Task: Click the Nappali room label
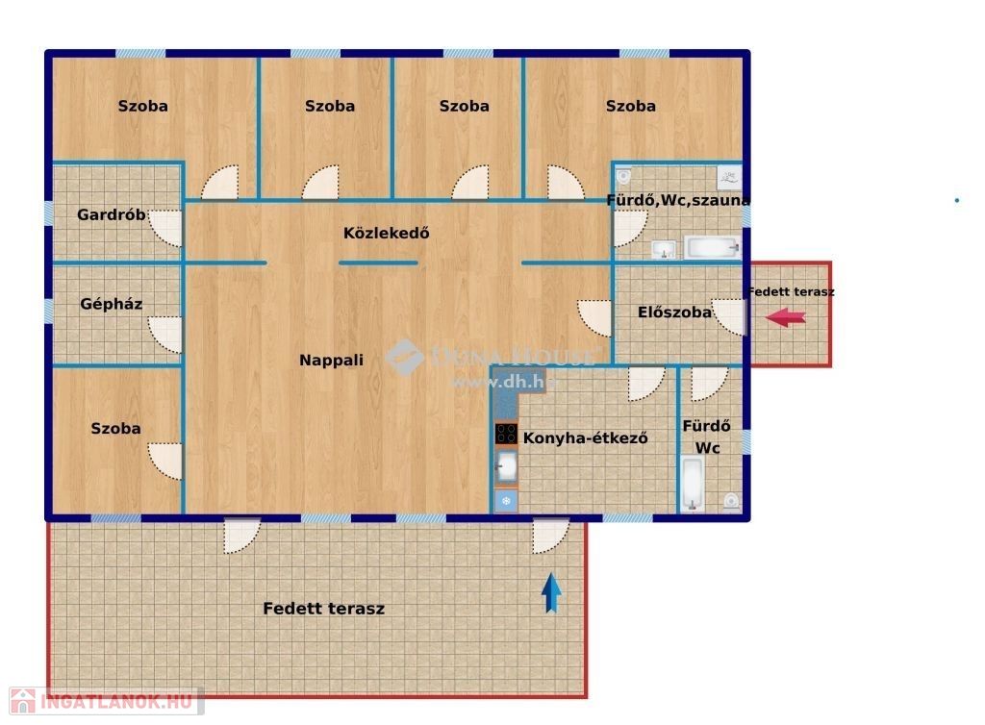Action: [x=331, y=361]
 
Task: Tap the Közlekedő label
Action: [x=387, y=233]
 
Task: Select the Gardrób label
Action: [x=112, y=214]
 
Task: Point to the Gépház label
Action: [x=112, y=305]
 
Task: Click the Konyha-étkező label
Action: [x=586, y=437]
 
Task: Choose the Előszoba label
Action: [x=674, y=312]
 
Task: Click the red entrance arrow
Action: [x=785, y=317]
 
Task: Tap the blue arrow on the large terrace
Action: [x=551, y=592]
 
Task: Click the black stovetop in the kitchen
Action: [x=506, y=434]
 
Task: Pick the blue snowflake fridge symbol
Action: [x=506, y=501]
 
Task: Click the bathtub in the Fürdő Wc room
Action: [x=693, y=484]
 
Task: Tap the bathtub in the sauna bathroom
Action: [x=712, y=247]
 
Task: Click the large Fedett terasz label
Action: [x=323, y=609]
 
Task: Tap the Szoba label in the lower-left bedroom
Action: [x=115, y=429]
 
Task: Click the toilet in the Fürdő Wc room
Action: [x=731, y=501]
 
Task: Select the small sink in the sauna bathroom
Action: [x=663, y=250]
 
